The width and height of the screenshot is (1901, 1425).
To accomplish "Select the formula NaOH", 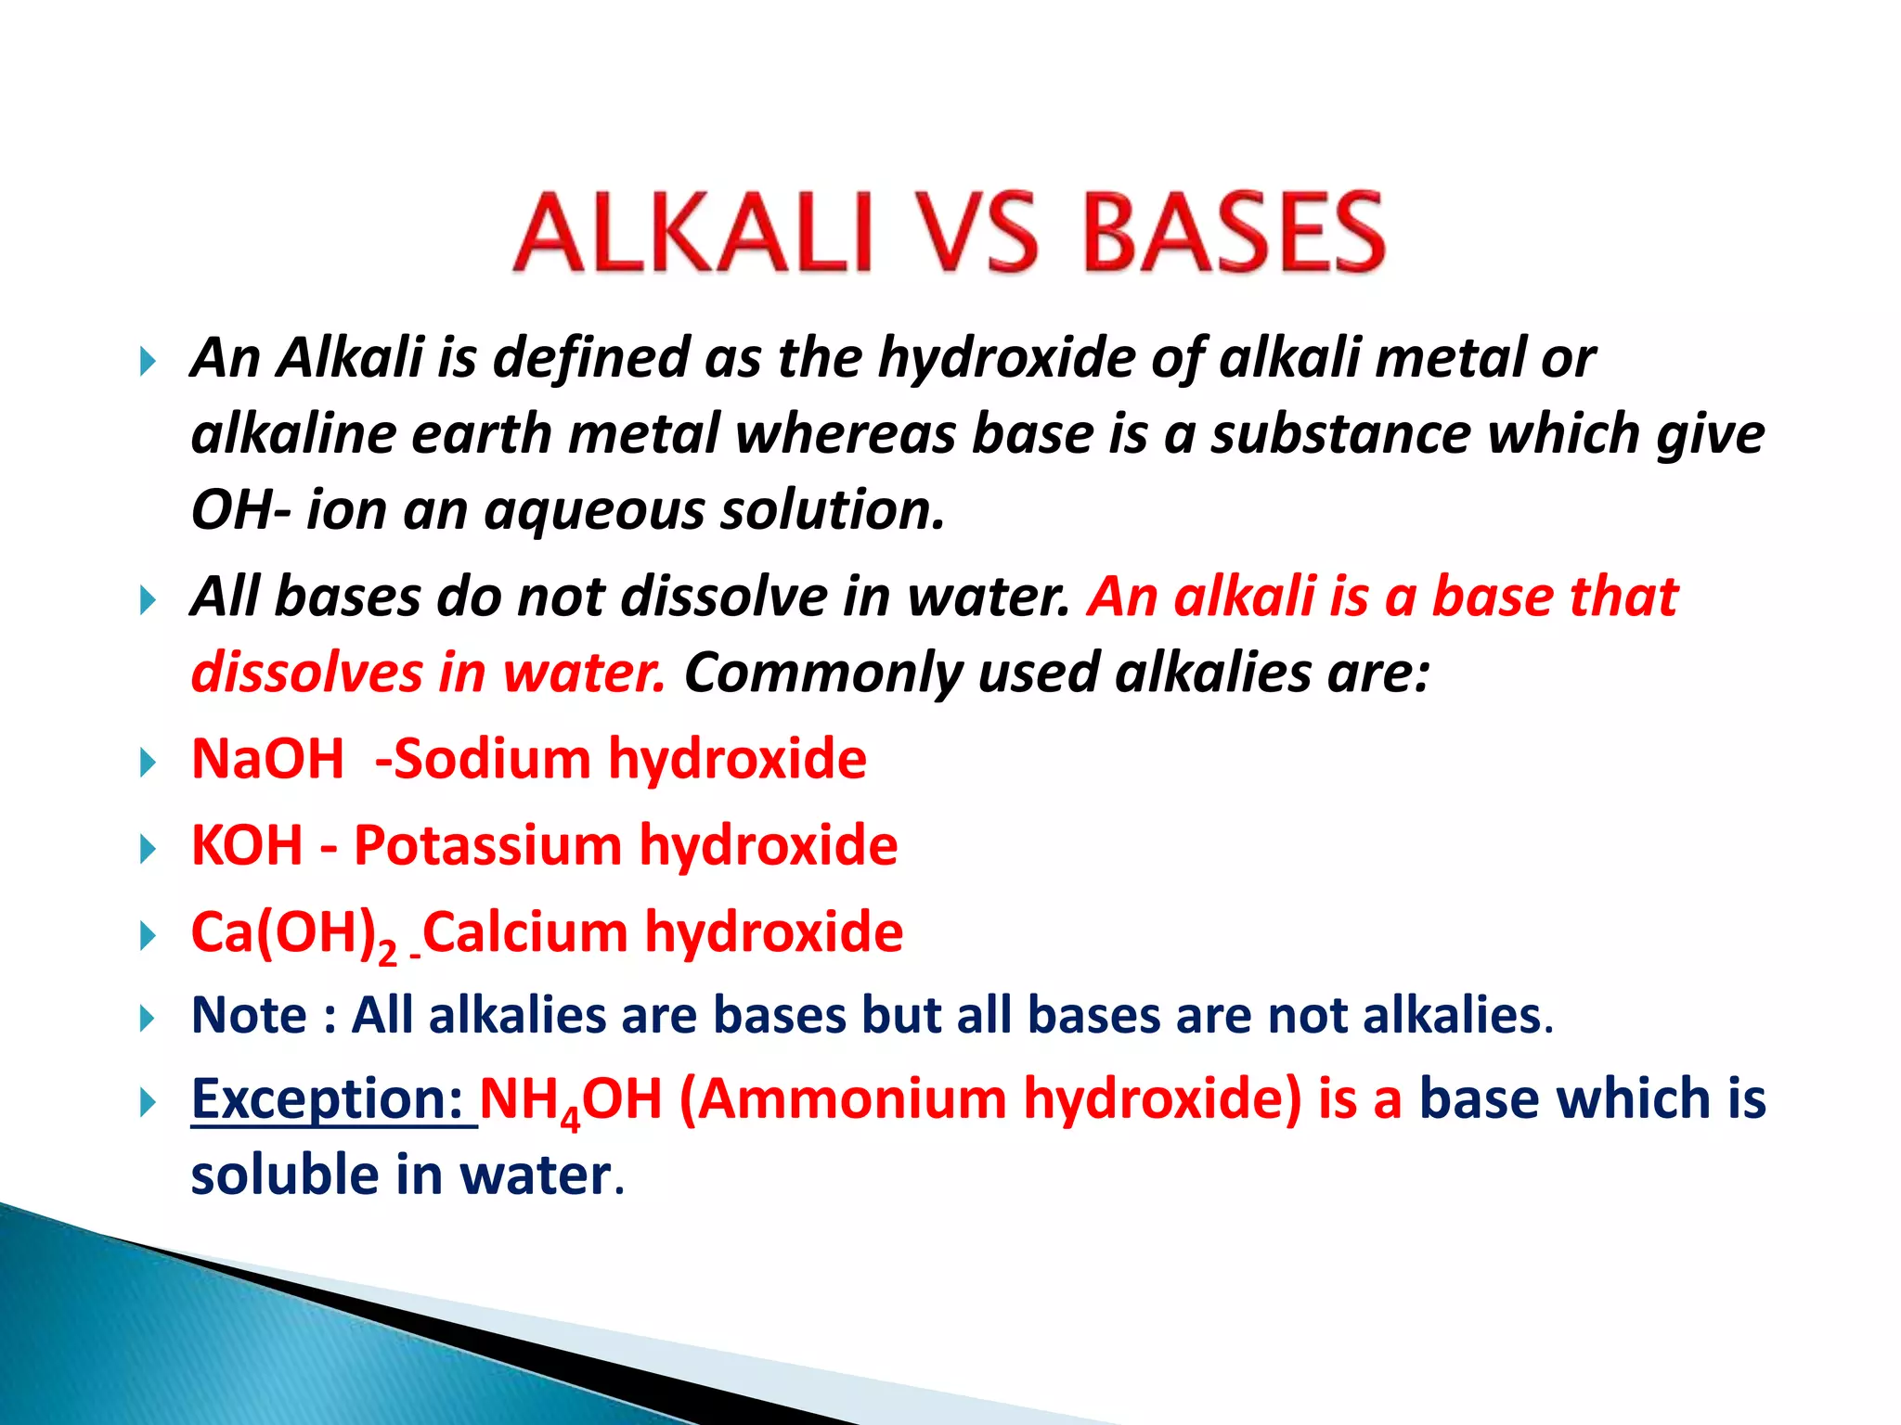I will [x=267, y=759].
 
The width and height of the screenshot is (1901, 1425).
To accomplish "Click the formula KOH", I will [x=247, y=845].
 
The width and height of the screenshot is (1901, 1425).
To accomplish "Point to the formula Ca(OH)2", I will [x=293, y=933].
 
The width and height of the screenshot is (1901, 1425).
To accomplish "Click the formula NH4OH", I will [x=570, y=1100].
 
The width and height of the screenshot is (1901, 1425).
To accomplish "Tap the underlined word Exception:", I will [x=328, y=1099].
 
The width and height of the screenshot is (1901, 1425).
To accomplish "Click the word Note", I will [x=249, y=1015].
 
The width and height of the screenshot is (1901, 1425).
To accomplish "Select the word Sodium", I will [x=492, y=759].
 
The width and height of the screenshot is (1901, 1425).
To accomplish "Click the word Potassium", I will [x=487, y=845].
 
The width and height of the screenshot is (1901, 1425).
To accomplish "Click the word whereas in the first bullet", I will [x=845, y=434].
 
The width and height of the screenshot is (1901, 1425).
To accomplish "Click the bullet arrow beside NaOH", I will [x=148, y=763].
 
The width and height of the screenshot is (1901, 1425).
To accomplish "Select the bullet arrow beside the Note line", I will [x=148, y=1019].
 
